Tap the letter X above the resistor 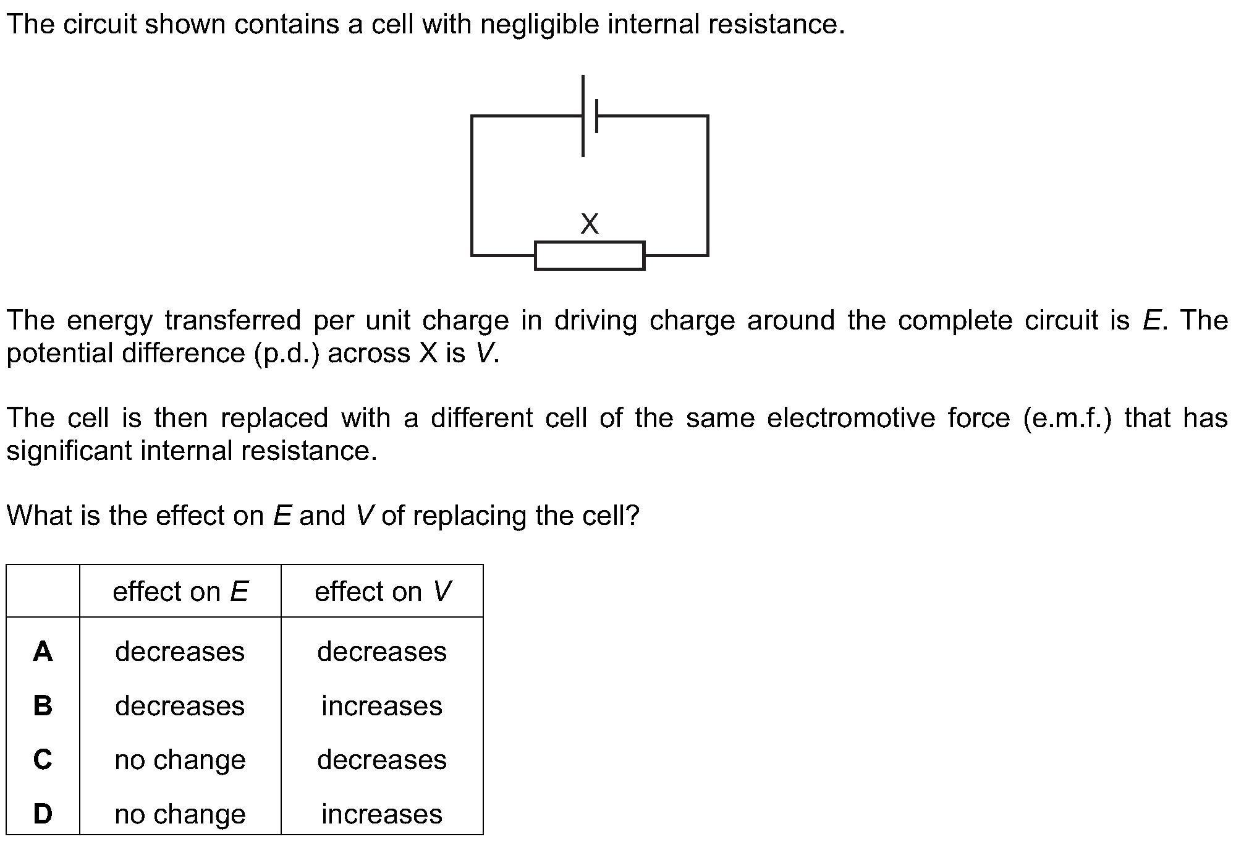pyautogui.click(x=590, y=224)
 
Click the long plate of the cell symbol pyautogui.click(x=583, y=116)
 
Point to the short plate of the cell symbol pyautogui.click(x=596, y=116)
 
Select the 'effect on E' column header pyautogui.click(x=180, y=592)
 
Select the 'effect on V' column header pyautogui.click(x=383, y=592)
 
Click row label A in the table pyautogui.click(x=43, y=651)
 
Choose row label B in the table pyautogui.click(x=43, y=705)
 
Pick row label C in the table pyautogui.click(x=43, y=759)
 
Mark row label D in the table pyautogui.click(x=43, y=814)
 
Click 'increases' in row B pyautogui.click(x=382, y=706)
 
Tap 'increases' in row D pyautogui.click(x=382, y=814)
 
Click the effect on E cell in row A pyautogui.click(x=180, y=652)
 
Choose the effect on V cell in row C pyautogui.click(x=382, y=760)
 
